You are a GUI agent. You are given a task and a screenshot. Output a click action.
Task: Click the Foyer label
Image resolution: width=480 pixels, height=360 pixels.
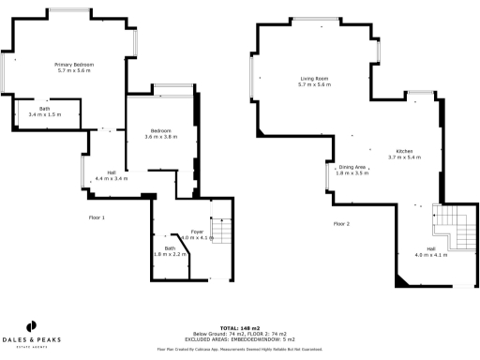pyautogui.click(x=197, y=231)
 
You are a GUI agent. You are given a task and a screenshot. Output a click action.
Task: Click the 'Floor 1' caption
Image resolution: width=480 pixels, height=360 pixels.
pyautogui.click(x=96, y=217)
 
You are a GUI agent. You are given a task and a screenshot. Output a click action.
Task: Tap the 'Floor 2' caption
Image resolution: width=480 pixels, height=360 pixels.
pyautogui.click(x=341, y=224)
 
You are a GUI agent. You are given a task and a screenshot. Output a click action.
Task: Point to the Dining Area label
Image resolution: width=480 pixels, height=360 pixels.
pyautogui.click(x=352, y=166)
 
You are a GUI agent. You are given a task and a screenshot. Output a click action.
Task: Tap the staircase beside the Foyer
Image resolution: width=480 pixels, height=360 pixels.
pyautogui.click(x=221, y=231)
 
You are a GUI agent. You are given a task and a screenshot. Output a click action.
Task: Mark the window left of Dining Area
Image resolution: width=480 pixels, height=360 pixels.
pyautogui.click(x=327, y=176)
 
